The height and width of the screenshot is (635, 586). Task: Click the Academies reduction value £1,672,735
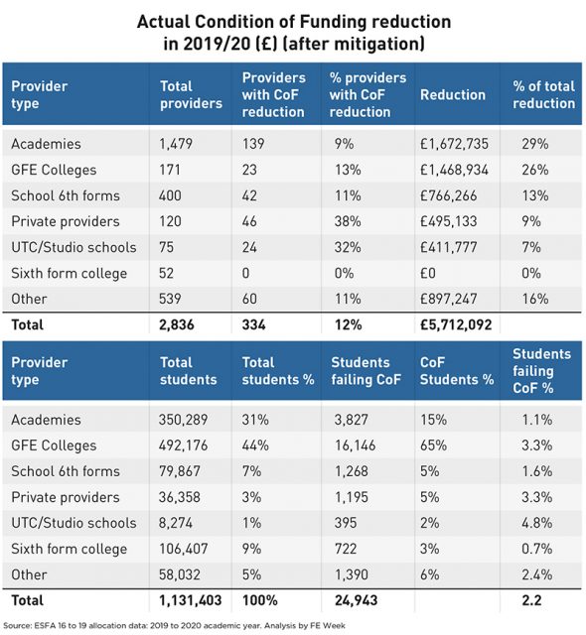click(x=454, y=144)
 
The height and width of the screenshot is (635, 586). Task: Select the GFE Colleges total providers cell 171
click(x=170, y=170)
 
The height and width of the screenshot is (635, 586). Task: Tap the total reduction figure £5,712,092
click(x=456, y=324)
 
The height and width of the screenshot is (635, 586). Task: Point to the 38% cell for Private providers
click(x=348, y=221)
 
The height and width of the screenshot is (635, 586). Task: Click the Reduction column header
click(x=453, y=95)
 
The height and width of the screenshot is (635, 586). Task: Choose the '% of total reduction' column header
click(x=544, y=95)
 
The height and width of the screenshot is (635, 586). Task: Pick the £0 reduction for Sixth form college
click(x=427, y=274)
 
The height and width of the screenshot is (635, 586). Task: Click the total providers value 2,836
click(x=176, y=324)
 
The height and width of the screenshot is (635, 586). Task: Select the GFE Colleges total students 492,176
click(x=183, y=445)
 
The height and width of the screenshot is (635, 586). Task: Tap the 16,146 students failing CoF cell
click(x=355, y=445)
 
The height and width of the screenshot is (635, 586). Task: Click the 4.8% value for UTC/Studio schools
click(x=537, y=523)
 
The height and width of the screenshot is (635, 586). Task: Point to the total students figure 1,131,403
click(x=190, y=600)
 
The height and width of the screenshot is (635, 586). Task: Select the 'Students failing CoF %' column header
click(x=541, y=371)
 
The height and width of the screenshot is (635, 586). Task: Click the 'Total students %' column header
click(x=278, y=371)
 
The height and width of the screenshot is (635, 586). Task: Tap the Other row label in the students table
click(x=29, y=574)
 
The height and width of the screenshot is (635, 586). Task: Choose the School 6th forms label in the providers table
click(x=66, y=195)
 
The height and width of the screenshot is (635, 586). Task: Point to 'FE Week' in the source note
click(x=328, y=626)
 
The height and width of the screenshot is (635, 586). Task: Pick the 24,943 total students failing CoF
click(x=356, y=600)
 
